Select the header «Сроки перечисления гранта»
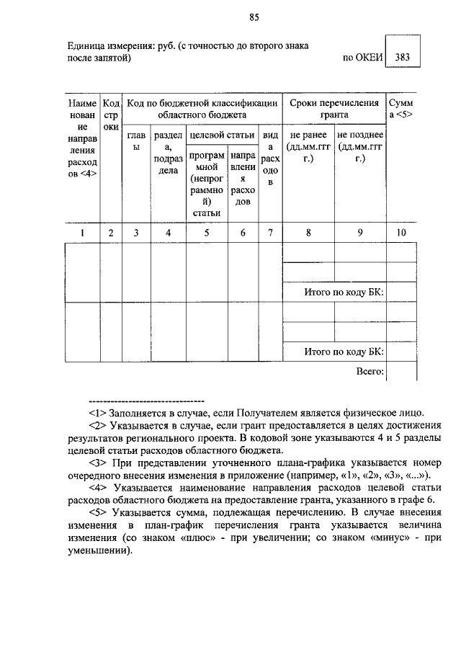[x=334, y=109]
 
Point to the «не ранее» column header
[x=308, y=135]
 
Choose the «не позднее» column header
[x=359, y=135]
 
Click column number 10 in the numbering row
[x=401, y=233]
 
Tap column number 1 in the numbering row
[x=82, y=233]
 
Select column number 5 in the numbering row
[x=207, y=233]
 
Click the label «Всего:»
[x=370, y=371]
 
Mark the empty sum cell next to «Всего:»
[x=401, y=371]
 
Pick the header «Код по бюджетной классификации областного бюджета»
[x=202, y=109]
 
